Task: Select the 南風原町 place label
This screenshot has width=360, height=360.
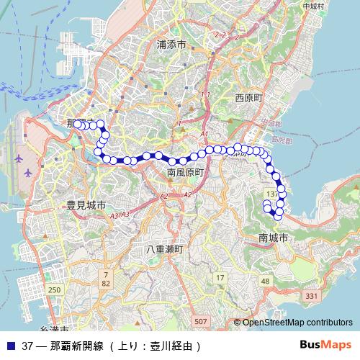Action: [x=186, y=174]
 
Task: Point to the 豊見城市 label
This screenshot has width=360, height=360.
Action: [x=86, y=205]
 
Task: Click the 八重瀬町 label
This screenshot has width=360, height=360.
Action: [x=165, y=249]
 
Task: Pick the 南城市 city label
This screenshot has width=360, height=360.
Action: [x=273, y=237]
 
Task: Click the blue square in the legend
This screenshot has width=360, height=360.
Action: [x=10, y=345]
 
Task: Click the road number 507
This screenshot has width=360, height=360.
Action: [x=201, y=320]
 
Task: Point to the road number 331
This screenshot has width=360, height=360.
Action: [x=311, y=296]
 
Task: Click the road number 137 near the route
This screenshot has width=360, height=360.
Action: [x=271, y=195]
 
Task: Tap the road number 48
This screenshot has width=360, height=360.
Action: [x=266, y=280]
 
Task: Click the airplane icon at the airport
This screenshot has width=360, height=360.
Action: [x=28, y=174]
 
